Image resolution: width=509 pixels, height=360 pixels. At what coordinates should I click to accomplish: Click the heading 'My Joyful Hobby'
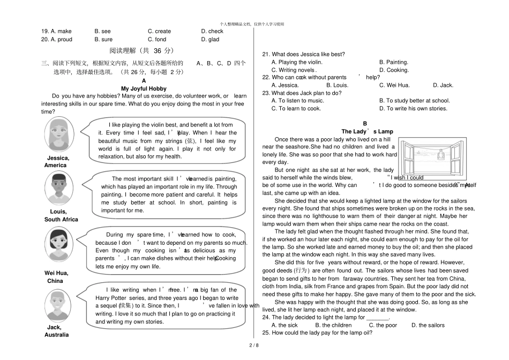tap(144, 88)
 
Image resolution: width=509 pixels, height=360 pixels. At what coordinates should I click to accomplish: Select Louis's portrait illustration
tap(58, 188)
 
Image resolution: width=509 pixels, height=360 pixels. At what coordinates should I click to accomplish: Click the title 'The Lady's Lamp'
tap(367, 132)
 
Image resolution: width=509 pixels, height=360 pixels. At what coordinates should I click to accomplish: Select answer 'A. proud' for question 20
tap(57, 40)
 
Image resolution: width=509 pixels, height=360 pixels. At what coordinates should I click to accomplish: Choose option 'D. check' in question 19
tap(212, 32)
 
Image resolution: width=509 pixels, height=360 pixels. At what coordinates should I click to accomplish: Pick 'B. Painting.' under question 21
tap(393, 62)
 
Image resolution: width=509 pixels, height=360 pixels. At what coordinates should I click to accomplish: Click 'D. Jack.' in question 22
tap(443, 85)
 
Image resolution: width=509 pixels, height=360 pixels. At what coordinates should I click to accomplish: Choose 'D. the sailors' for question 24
tap(428, 325)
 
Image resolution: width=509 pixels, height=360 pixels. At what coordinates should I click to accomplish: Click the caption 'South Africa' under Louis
tap(61, 220)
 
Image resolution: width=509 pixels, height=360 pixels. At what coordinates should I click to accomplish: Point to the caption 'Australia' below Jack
tap(57, 335)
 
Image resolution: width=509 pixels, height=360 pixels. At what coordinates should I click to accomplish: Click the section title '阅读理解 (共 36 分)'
tap(141, 51)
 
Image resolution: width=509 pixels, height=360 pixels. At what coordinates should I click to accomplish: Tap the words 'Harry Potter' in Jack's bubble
tap(111, 298)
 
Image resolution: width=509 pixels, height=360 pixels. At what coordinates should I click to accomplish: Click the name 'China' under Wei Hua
tap(55, 281)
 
